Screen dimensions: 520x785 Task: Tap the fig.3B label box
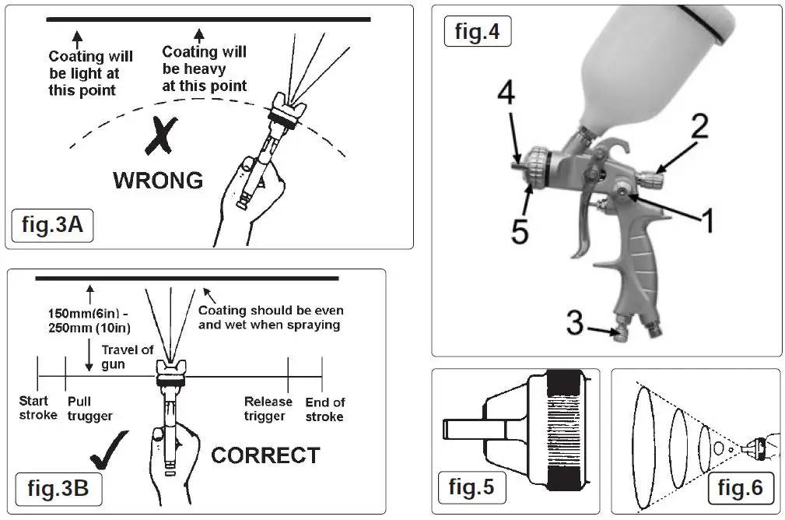click(x=58, y=489)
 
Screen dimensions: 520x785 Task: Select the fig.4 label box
click(x=477, y=33)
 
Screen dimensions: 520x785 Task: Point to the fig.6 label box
click(x=740, y=488)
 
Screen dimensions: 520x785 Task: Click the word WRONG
click(x=158, y=181)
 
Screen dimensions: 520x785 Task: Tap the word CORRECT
click(x=265, y=455)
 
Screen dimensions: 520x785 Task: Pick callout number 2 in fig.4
click(x=699, y=127)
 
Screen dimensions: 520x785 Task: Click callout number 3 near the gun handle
click(x=574, y=323)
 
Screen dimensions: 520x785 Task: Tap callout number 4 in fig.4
click(x=506, y=94)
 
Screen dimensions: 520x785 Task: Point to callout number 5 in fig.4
click(x=519, y=230)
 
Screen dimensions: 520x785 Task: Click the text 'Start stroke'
click(x=37, y=409)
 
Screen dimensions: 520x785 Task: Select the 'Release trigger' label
click(x=268, y=409)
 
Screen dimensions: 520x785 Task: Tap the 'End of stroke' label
click(x=324, y=409)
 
